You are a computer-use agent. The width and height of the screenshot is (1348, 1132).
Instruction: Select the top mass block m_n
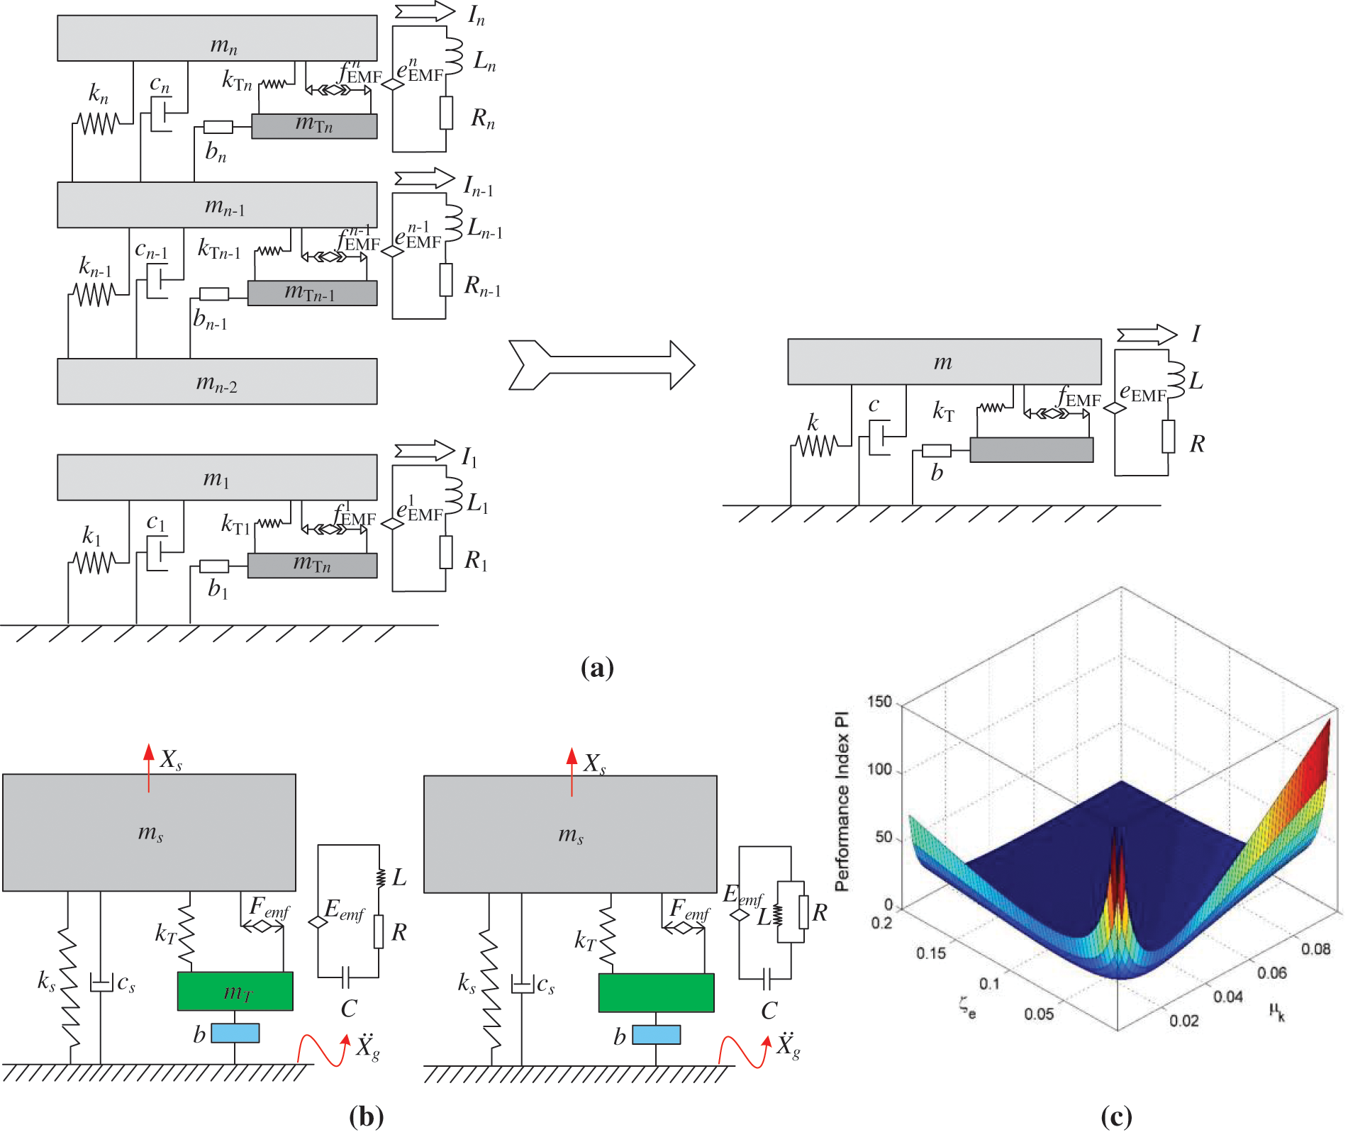pos(217,38)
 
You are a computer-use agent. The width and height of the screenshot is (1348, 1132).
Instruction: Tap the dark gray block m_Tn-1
pos(312,293)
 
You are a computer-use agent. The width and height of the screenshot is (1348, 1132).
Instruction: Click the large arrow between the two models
pos(601,365)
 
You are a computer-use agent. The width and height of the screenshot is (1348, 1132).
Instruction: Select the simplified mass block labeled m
pos(944,362)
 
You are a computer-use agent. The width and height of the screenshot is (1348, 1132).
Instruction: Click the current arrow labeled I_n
pos(425,12)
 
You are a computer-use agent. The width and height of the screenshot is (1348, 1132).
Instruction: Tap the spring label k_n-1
pos(95,267)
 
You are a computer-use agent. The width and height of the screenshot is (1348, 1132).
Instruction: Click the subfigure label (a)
pos(596,668)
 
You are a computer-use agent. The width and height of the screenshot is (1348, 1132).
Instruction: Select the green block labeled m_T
pos(235,991)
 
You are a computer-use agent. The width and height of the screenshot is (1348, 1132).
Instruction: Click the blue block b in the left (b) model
pos(235,1033)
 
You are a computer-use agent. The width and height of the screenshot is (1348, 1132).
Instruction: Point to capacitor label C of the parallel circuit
pos(769,1011)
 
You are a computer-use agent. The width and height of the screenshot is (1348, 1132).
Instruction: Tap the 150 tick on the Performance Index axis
pos(879,702)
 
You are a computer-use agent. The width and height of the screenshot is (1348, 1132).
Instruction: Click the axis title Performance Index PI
pos(842,801)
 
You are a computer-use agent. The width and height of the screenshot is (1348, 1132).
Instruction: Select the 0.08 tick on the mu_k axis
pos(1315,948)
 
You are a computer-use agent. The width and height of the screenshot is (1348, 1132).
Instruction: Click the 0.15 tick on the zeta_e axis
pos(930,953)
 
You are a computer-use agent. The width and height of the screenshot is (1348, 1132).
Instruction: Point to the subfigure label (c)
pos(1115,1116)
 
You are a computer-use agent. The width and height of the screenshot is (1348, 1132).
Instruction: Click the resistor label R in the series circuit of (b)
pos(399,932)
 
